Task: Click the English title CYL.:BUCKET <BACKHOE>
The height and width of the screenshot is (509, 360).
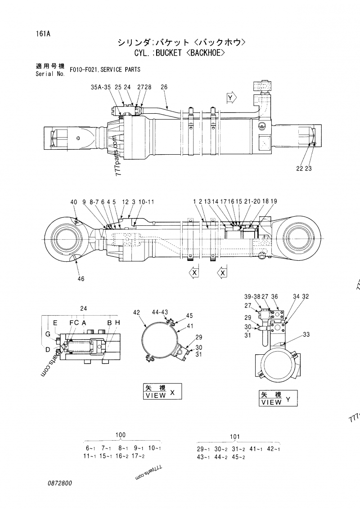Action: [179, 54]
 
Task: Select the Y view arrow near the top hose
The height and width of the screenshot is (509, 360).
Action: [231, 98]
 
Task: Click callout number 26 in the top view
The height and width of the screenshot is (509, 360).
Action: [164, 87]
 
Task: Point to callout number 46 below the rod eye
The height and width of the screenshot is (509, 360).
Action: [81, 279]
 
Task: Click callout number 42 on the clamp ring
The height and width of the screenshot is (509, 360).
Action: [137, 312]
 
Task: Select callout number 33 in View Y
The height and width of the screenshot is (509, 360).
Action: [306, 334]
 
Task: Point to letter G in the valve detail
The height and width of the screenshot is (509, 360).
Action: [47, 333]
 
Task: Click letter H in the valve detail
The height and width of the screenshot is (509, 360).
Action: [117, 323]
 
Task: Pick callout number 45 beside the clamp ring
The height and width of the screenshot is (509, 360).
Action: [189, 316]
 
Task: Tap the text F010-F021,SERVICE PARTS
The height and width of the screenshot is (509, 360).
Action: [105, 70]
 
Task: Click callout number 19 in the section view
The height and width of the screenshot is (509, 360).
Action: [274, 202]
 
